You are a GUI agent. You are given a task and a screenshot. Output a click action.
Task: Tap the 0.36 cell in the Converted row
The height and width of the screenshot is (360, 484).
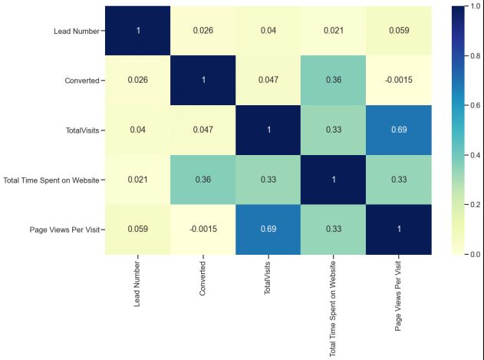coord(333,80)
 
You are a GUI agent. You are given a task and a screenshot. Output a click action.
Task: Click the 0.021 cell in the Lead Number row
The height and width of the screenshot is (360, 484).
coord(333,31)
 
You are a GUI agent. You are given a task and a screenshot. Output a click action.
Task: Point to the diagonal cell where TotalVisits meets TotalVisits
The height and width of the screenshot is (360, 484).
coord(268,130)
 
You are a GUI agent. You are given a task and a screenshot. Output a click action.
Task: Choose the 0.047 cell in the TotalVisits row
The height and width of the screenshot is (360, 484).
coord(202,130)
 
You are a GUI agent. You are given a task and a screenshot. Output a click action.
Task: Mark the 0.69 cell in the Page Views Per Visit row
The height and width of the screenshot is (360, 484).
coord(268,229)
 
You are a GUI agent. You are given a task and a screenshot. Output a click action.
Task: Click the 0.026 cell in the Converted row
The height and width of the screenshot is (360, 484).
coord(137,80)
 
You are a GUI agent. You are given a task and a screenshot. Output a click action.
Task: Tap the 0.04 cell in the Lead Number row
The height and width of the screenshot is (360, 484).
coord(268,31)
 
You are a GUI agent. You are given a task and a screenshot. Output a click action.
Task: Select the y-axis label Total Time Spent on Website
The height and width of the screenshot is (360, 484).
coord(52,180)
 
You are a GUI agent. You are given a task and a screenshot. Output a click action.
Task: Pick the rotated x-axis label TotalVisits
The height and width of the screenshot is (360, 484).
coord(268,277)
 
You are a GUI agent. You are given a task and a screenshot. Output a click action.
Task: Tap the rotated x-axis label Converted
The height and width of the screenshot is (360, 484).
coord(202,277)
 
